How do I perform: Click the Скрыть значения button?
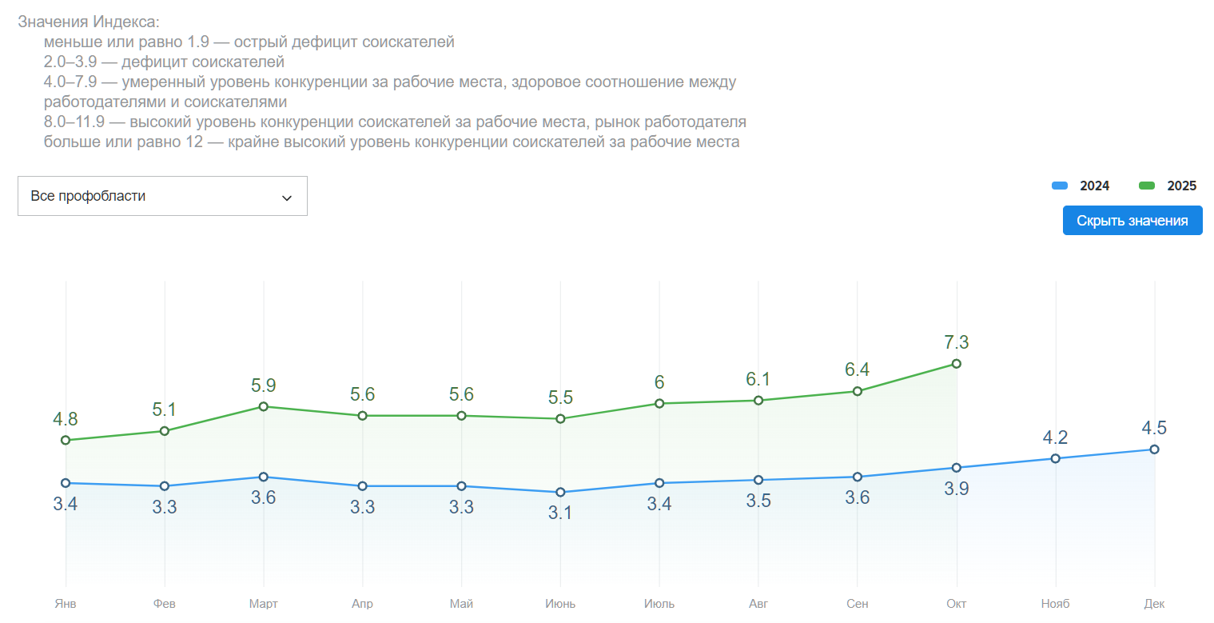click(x=1132, y=221)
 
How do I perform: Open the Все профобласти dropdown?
click(x=162, y=196)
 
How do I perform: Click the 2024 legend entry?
click(x=1081, y=186)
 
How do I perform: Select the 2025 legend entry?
click(x=1168, y=186)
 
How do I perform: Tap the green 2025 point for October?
click(x=957, y=364)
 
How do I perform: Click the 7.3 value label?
click(x=957, y=342)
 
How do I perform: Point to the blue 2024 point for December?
click(x=1154, y=449)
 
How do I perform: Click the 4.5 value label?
click(x=1154, y=428)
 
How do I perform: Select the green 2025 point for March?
click(x=264, y=406)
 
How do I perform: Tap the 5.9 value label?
click(x=264, y=385)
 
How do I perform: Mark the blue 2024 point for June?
click(x=560, y=492)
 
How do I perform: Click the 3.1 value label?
click(x=560, y=513)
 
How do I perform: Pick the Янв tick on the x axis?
click(x=66, y=604)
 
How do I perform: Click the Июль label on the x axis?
click(x=659, y=604)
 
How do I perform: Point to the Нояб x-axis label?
click(x=1055, y=604)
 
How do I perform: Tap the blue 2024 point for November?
click(x=1055, y=458)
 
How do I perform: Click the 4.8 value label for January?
click(x=66, y=419)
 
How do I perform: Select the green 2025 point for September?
click(x=858, y=391)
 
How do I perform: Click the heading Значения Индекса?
click(x=89, y=22)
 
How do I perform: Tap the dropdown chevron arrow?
click(x=287, y=198)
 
